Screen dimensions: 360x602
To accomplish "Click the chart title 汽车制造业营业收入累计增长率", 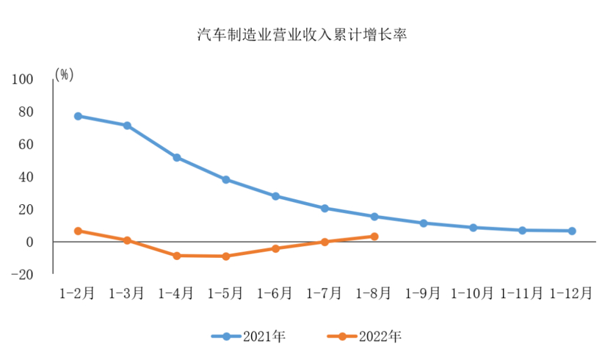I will coord(302,35).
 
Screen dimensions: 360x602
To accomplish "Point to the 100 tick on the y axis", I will coord(23,79).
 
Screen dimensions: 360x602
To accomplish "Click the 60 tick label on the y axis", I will coord(26,144).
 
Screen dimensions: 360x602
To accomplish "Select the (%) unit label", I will coord(64,75).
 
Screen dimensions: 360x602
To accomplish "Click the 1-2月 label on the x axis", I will coord(77,293).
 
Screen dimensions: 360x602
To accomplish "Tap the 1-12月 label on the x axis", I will coord(572,293).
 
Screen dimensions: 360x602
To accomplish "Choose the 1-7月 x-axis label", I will coord(324,293).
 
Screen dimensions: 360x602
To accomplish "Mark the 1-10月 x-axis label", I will coord(473,293).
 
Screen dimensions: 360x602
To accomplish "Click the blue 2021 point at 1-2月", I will coord(78,116).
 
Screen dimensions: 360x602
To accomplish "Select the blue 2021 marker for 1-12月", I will coord(572,231).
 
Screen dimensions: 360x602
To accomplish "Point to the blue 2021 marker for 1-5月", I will coord(226,179).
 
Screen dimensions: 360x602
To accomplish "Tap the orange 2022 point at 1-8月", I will coord(374,237).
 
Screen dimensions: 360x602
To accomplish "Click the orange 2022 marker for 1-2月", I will coord(78,231).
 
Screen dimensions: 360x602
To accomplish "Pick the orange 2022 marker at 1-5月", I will coord(226,256).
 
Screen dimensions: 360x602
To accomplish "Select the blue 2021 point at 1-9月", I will coord(424,223).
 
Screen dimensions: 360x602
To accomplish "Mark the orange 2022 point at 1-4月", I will coord(177,256).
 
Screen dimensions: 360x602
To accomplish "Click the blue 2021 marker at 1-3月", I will coord(127,126).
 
